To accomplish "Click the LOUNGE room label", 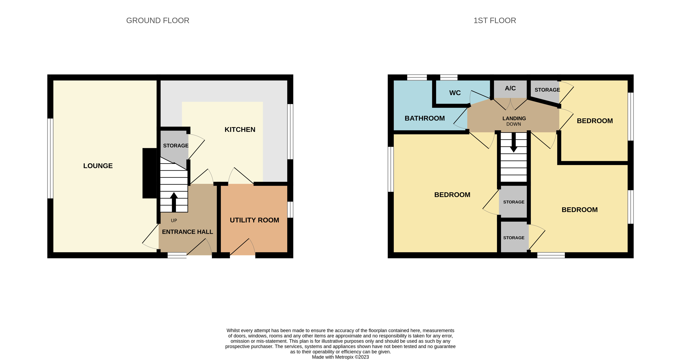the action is (x=98, y=166).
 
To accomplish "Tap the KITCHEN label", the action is (x=240, y=130).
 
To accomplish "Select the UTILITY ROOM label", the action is (x=254, y=220).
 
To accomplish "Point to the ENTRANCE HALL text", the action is (x=187, y=232).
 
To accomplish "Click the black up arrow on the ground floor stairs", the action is (x=174, y=202).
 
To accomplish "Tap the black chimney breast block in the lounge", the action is (x=150, y=173).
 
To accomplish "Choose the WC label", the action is (x=455, y=93).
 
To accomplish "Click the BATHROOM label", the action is (x=424, y=118).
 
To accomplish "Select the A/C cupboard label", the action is (x=510, y=88).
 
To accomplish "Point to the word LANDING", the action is (x=514, y=118).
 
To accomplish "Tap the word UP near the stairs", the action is (x=174, y=220).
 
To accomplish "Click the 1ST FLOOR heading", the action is (x=495, y=20).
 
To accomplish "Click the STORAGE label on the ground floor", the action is (x=176, y=146).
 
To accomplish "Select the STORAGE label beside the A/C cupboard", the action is (x=547, y=90).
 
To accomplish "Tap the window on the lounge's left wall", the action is (x=50, y=158).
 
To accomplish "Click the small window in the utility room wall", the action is (x=290, y=210).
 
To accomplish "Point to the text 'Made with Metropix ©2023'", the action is (x=340, y=357).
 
